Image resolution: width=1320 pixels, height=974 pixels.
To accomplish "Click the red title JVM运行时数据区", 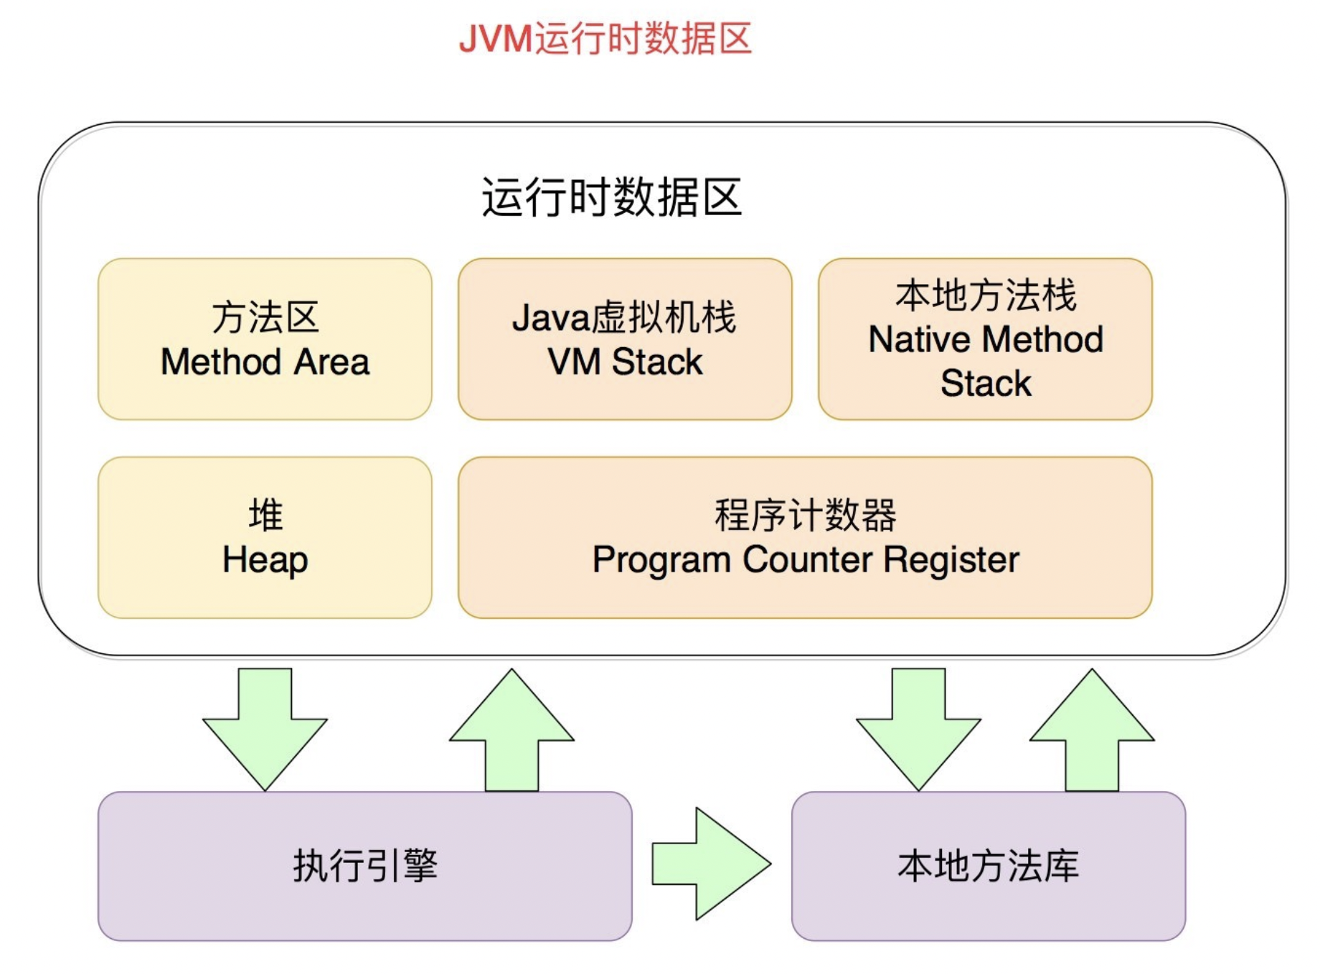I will pos(605,39).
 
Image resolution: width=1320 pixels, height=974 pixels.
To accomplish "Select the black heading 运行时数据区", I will pos(611,197).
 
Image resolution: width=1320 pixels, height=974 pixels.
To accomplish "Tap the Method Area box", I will pos(265,339).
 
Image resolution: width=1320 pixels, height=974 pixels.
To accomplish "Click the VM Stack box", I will pos(625,339).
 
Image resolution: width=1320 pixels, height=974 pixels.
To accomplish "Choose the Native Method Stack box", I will pos(985,339).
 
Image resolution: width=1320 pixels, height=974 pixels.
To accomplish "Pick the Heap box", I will pos(265,537).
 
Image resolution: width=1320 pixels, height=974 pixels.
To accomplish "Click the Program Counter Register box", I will pos(805,537).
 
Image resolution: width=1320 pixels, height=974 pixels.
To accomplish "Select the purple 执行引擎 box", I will pos(364,866).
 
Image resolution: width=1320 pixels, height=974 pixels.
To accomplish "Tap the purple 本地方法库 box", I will pos(988,866).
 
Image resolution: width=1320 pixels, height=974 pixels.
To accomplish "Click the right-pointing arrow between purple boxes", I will pos(710,864).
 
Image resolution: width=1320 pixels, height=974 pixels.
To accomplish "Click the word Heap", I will pos(265,560).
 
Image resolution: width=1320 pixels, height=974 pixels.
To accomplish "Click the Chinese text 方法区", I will pos(265,317).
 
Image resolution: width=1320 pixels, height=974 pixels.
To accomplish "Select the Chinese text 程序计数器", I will pos(805,515).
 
